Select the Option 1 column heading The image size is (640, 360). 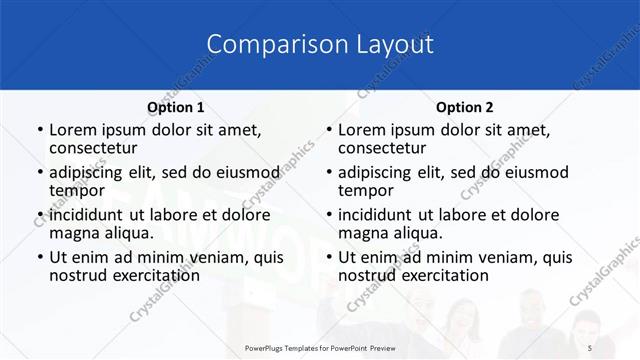[x=175, y=107]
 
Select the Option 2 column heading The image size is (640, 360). [x=464, y=107]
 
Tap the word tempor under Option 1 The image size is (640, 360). [x=77, y=190]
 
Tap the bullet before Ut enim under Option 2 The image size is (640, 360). [x=329, y=257]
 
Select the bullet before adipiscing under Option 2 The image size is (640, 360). [x=329, y=172]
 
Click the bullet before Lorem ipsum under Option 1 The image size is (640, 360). [x=40, y=130]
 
